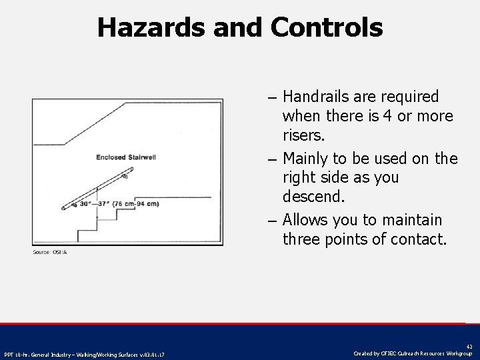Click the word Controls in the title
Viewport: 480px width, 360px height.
[x=327, y=27]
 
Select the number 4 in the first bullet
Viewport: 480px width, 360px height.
[x=386, y=117]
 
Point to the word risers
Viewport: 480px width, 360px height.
[x=304, y=136]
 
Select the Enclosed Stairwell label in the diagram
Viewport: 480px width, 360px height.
[x=127, y=157]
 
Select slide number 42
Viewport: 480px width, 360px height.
[x=469, y=347]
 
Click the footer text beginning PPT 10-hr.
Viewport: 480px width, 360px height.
[x=84, y=354]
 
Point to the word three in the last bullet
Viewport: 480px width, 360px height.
[x=303, y=239]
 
